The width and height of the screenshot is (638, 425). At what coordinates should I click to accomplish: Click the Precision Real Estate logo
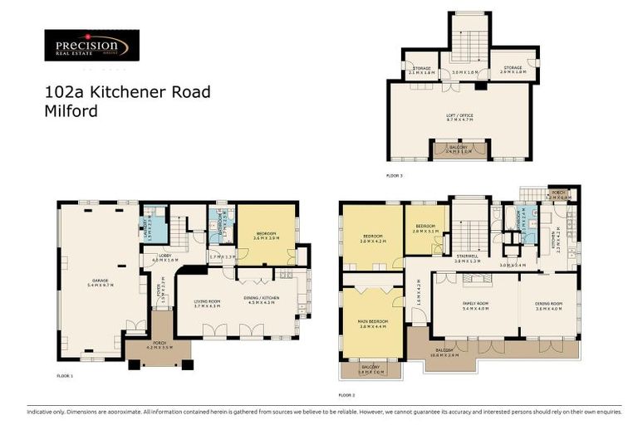(91, 46)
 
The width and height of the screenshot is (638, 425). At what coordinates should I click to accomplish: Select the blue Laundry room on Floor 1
(153, 223)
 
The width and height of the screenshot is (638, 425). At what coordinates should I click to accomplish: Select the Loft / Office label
(459, 117)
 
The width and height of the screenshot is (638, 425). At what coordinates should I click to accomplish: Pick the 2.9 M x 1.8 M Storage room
(511, 70)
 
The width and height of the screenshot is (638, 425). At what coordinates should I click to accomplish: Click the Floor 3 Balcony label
(459, 150)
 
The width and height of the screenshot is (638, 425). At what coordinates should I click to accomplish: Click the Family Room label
(474, 305)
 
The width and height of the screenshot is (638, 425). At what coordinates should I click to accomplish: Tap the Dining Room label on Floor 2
(548, 305)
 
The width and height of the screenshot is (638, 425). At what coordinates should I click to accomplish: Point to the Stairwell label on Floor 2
(468, 257)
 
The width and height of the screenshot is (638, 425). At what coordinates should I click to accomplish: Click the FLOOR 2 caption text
(347, 395)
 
